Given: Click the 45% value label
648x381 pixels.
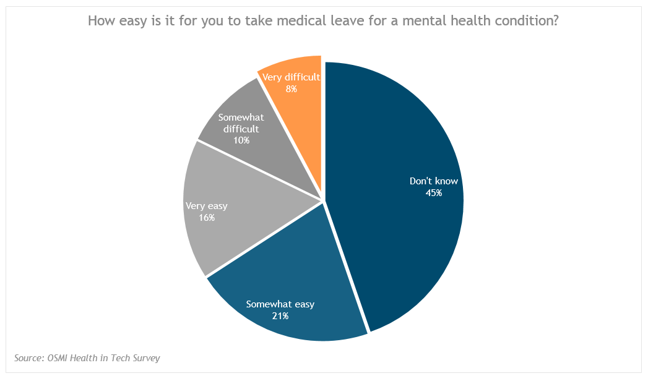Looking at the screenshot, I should pyautogui.click(x=433, y=193).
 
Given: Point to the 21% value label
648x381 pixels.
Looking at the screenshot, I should pyautogui.click(x=280, y=315).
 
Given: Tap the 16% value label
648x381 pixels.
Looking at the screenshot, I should pyautogui.click(x=207, y=218).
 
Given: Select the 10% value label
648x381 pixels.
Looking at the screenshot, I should pyautogui.click(x=241, y=140).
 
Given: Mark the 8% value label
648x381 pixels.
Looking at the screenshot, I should pyautogui.click(x=291, y=89).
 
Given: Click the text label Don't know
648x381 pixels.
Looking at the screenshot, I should pyautogui.click(x=433, y=181).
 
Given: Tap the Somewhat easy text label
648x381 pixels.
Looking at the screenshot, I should pyautogui.click(x=280, y=304).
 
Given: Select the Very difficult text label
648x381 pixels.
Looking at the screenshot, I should pyautogui.click(x=291, y=77).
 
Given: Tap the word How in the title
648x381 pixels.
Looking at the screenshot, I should pyautogui.click(x=101, y=21).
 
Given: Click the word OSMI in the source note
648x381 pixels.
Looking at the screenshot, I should pyautogui.click(x=62, y=358).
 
